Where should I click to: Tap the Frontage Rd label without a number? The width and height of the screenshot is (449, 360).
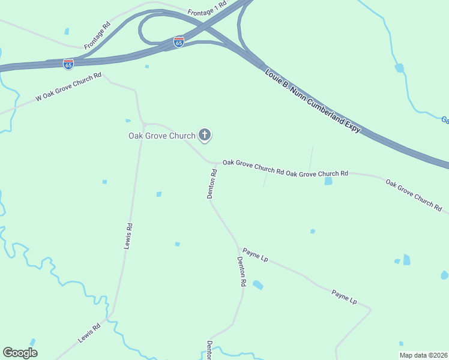click(x=98, y=35)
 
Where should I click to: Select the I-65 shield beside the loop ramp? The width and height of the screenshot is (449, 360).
click(x=179, y=42)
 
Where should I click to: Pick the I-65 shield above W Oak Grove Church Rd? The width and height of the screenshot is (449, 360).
click(x=68, y=63)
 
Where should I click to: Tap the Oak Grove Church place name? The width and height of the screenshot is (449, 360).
click(x=161, y=136)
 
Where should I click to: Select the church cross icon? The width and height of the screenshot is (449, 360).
click(x=205, y=135)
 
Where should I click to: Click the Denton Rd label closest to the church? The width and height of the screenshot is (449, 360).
click(x=211, y=184)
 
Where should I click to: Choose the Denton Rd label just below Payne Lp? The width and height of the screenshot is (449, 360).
click(x=242, y=271)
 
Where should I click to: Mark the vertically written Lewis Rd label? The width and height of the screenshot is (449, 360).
click(x=128, y=236)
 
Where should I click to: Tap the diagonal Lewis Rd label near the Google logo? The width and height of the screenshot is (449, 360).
click(x=89, y=334)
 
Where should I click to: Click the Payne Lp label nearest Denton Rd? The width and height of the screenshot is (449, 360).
click(x=255, y=256)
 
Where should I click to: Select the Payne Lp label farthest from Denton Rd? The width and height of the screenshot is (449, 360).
click(x=344, y=296)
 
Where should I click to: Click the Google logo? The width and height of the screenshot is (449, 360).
click(x=20, y=353)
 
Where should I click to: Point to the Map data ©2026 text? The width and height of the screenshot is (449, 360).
click(x=424, y=355)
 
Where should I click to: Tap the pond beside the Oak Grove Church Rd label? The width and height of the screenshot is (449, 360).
click(x=328, y=181)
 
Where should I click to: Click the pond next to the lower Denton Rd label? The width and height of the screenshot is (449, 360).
click(x=258, y=284)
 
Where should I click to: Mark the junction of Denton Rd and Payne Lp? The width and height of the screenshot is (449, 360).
click(x=239, y=247)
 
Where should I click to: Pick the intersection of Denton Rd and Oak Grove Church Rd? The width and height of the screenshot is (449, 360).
click(x=215, y=163)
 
